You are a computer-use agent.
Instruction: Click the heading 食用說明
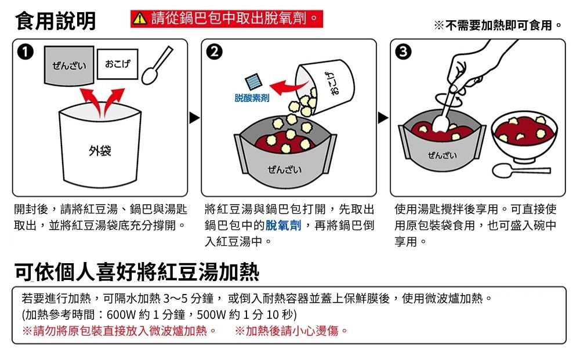(x=56, y=21)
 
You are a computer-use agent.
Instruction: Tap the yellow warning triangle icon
(x=139, y=21)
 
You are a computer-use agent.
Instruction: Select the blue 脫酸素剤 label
(x=252, y=100)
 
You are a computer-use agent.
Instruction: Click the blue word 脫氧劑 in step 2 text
(x=284, y=225)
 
